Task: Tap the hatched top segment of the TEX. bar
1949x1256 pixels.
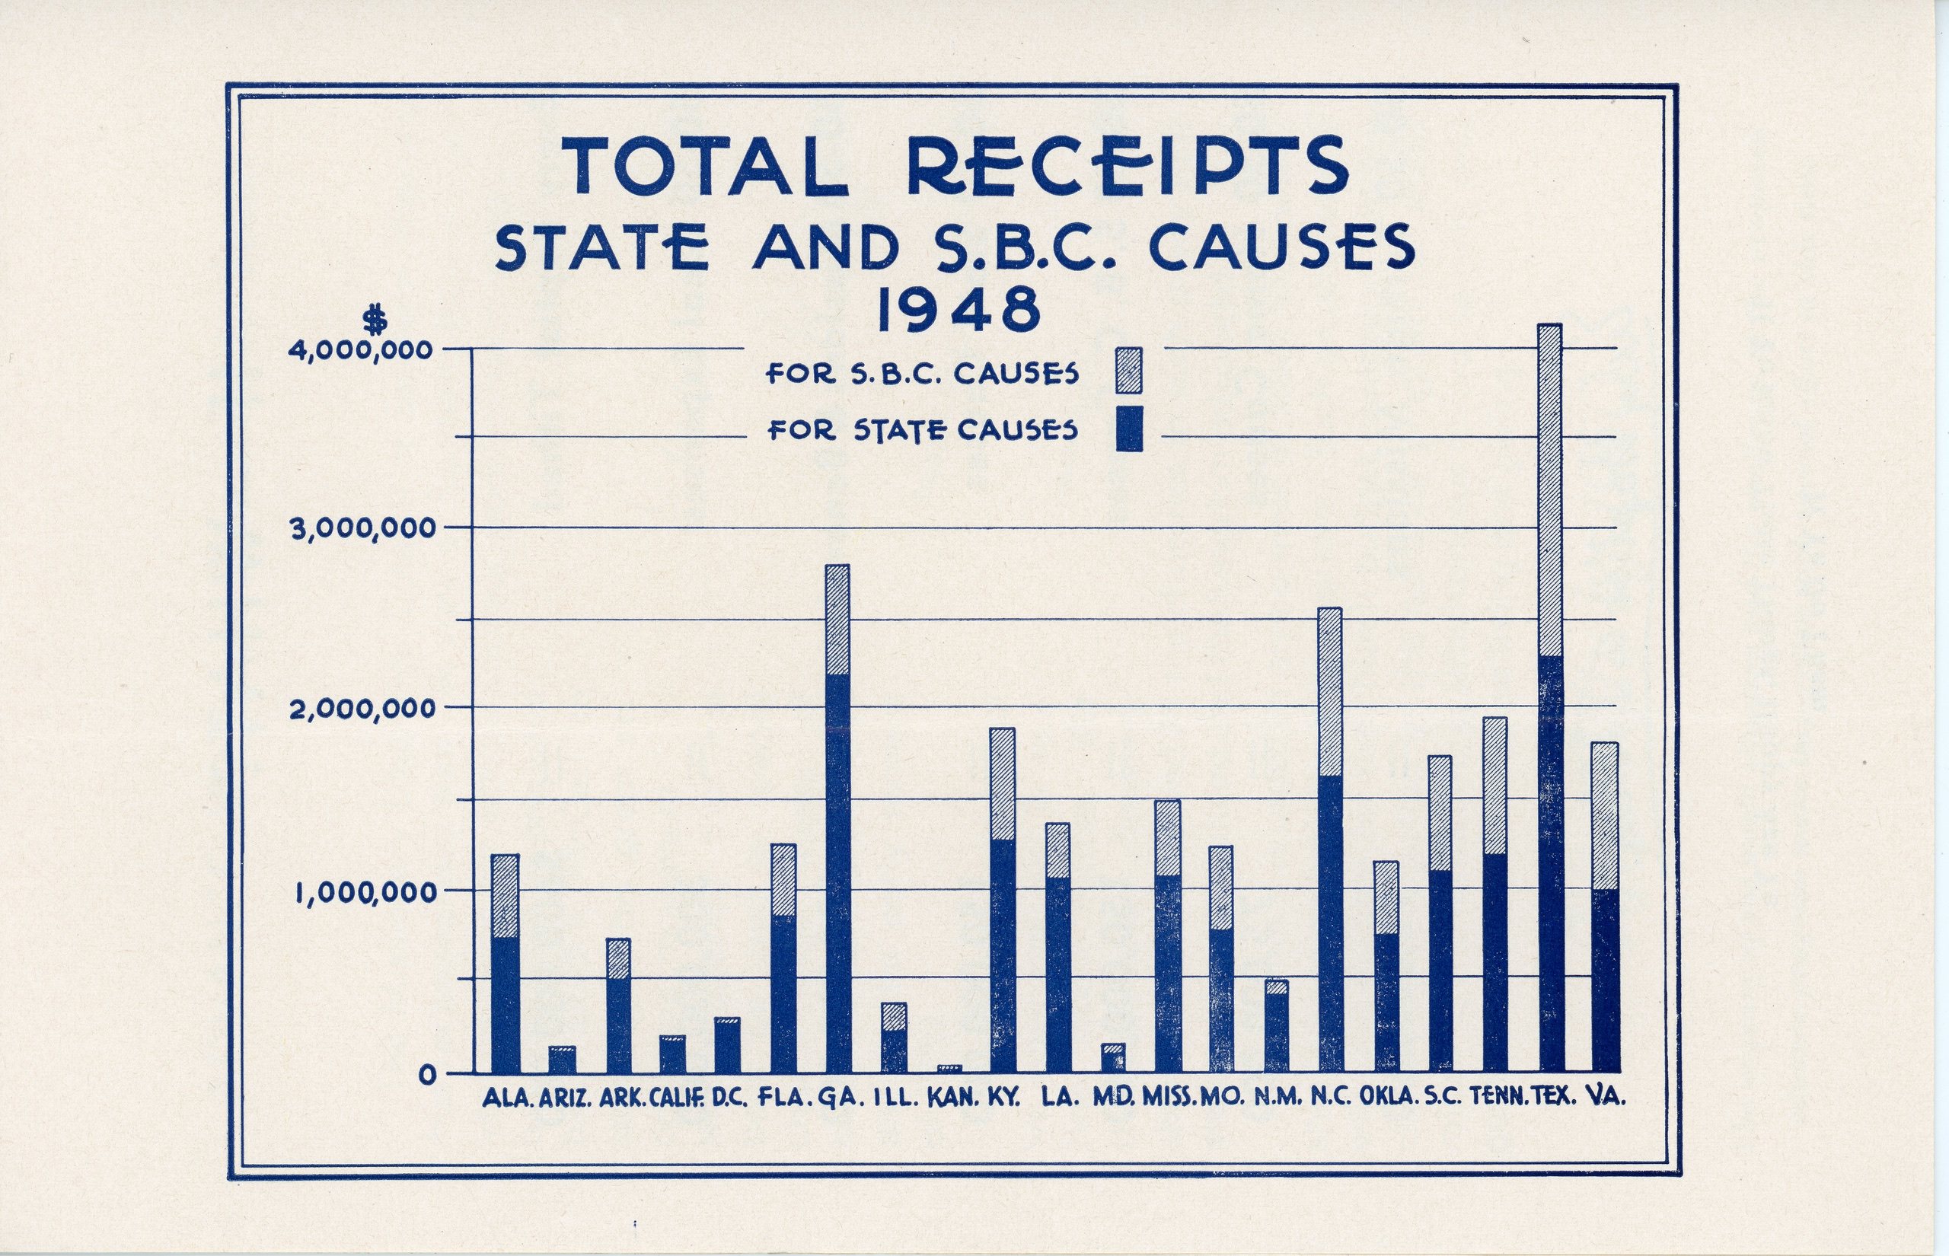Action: tap(1549, 489)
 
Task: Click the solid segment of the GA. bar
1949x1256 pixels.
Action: tap(837, 872)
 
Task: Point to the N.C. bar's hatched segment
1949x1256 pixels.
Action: tap(1330, 691)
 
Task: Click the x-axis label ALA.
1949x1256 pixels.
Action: tap(507, 1098)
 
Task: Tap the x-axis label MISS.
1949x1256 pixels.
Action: tap(1170, 1098)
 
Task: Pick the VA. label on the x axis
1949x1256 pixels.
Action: tap(1608, 1098)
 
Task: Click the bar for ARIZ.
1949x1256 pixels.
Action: tap(562, 1060)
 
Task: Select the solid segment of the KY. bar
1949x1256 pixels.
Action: tap(1002, 955)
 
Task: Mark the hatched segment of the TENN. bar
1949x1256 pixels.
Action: tap(1494, 786)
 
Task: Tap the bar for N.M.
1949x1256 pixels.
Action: tap(1276, 1031)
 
